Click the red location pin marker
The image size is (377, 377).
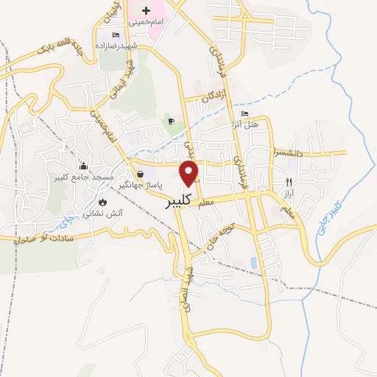pyautogui.click(x=190, y=174)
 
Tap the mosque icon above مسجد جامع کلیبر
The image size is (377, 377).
pyautogui.click(x=82, y=166)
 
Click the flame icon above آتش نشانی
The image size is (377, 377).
pyautogui.click(x=102, y=202)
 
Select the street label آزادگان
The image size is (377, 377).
pyautogui.click(x=207, y=96)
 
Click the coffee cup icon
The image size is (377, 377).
pyautogui.click(x=171, y=121)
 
